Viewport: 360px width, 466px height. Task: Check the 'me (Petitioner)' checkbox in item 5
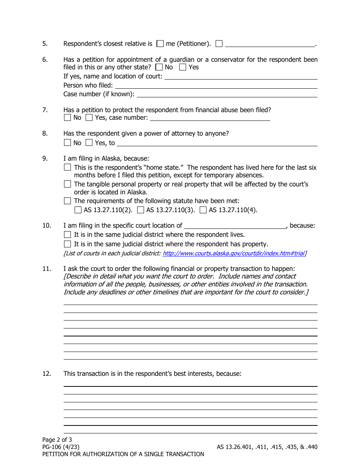(x=160, y=44)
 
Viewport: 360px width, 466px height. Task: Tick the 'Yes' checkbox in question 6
(x=183, y=67)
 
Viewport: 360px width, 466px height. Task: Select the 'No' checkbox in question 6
(x=159, y=67)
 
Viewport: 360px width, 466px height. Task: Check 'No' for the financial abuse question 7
(x=67, y=118)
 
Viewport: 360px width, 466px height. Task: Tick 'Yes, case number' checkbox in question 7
(x=89, y=118)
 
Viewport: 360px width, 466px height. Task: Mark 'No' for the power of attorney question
(x=67, y=143)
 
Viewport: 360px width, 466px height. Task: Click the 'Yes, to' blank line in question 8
(x=217, y=143)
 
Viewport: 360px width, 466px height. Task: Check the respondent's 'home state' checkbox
(x=67, y=167)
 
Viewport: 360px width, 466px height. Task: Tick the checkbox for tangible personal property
(x=67, y=184)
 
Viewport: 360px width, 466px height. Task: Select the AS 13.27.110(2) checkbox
(x=78, y=210)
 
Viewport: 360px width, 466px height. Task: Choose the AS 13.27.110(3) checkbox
(x=141, y=210)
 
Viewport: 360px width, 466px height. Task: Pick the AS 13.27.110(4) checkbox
(x=203, y=210)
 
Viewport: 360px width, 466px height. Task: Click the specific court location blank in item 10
(x=235, y=226)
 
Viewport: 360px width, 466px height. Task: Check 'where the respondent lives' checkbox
(x=67, y=235)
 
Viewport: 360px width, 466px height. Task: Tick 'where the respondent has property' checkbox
(x=67, y=244)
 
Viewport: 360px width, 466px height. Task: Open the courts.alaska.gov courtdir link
(x=233, y=253)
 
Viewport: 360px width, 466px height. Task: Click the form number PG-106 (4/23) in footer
(x=61, y=447)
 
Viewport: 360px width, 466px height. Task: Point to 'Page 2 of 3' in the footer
(x=57, y=440)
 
